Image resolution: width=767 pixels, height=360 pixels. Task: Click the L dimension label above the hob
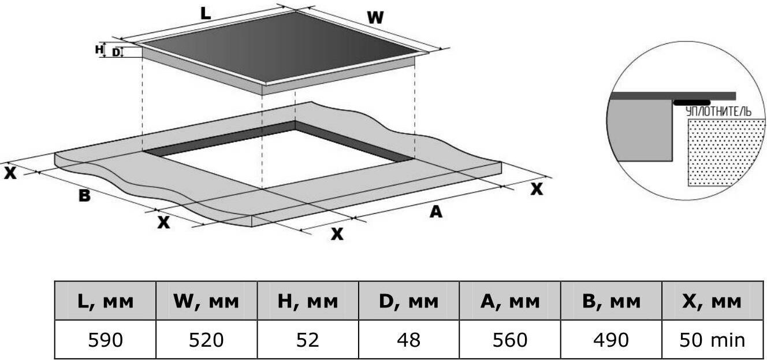point(206,14)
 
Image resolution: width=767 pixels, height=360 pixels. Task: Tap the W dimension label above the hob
point(375,18)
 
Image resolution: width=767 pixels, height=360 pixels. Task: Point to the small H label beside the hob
point(99,50)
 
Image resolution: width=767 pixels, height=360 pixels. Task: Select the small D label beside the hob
point(116,53)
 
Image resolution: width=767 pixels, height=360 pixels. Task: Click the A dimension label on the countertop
point(435,212)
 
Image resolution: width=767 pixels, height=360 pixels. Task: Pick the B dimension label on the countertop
point(84,196)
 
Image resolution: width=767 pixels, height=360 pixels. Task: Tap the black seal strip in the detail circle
point(691,102)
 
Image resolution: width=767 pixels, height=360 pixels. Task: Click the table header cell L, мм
point(105,300)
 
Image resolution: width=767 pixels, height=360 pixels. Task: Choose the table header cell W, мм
point(206,300)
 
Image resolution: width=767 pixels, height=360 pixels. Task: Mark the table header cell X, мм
point(712,300)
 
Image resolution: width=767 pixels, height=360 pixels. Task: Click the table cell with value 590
point(105,340)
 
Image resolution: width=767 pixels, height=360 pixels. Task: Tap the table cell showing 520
point(206,340)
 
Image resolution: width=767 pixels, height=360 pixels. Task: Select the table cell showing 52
point(307,340)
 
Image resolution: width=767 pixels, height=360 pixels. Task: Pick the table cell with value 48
point(408,340)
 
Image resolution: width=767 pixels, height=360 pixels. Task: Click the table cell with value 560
point(509,340)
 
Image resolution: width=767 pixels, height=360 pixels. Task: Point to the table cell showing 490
point(610,340)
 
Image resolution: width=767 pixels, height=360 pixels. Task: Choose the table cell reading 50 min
point(712,340)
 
